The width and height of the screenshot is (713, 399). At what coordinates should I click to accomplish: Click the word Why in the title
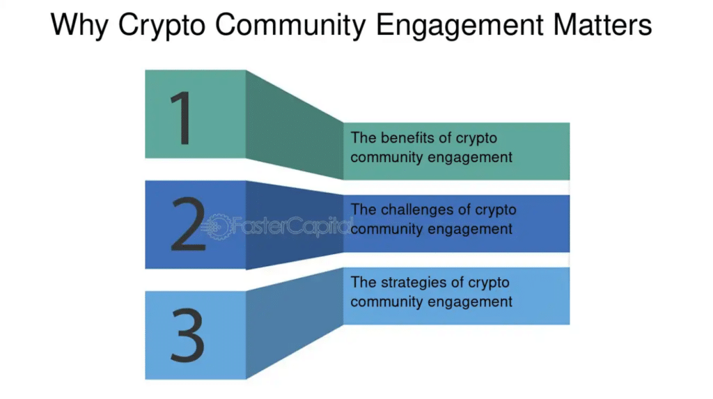79,26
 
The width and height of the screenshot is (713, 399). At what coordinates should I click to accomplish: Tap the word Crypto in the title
162,26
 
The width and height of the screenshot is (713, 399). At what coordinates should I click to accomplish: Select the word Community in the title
290,26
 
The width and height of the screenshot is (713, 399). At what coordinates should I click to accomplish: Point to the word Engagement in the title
460,26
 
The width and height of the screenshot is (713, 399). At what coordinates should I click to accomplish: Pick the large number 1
182,118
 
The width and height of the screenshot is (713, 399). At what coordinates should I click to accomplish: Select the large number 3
187,335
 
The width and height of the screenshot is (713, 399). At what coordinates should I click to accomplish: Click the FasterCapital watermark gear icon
217,226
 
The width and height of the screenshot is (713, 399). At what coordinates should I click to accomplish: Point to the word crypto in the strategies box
489,283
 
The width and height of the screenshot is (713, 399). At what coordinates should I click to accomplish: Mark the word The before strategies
363,282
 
